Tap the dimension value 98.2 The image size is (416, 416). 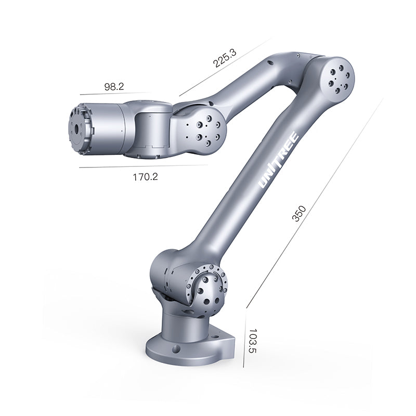(114, 87)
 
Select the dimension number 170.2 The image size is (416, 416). (145, 177)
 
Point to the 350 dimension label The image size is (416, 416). (299, 214)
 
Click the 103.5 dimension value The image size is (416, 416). (253, 341)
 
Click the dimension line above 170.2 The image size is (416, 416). (143, 166)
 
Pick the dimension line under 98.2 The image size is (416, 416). (114, 94)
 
